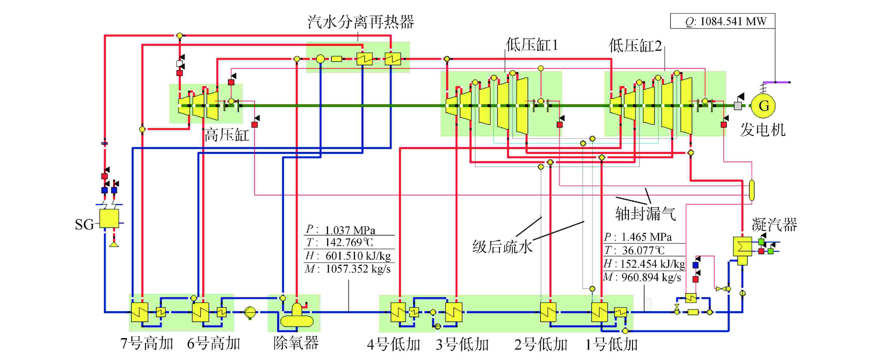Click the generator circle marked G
click(x=763, y=106)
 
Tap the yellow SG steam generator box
click(x=109, y=219)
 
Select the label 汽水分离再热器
click(x=361, y=22)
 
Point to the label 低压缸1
click(x=532, y=45)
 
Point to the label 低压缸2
click(x=635, y=45)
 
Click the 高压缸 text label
click(x=227, y=135)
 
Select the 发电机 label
click(x=763, y=129)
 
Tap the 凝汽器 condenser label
click(x=774, y=225)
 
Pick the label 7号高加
click(x=146, y=343)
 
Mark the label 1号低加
click(x=611, y=344)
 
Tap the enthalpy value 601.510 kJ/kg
click(x=358, y=256)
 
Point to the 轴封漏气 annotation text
click(x=645, y=214)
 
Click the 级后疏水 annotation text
click(x=502, y=246)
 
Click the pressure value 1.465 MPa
click(x=647, y=237)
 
